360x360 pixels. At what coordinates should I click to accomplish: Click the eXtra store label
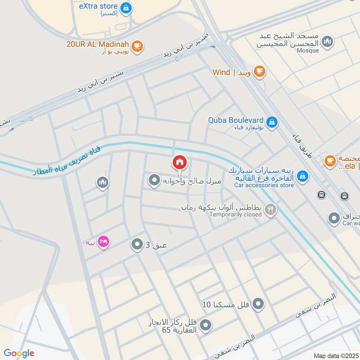click(x=98, y=6)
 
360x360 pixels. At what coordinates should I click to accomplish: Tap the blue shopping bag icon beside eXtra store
click(x=126, y=7)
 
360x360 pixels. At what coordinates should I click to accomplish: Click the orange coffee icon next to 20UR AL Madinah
click(x=138, y=45)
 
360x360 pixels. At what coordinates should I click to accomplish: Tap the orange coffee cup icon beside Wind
click(x=259, y=71)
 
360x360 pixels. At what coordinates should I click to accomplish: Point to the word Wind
click(x=221, y=72)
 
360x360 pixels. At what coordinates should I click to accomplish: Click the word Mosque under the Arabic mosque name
click(x=308, y=50)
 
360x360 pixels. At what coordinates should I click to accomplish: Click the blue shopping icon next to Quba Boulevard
click(x=272, y=121)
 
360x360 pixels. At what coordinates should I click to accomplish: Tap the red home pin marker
click(x=180, y=162)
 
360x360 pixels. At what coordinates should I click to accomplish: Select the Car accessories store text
click(x=264, y=185)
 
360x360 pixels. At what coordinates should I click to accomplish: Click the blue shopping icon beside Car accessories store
click(x=303, y=175)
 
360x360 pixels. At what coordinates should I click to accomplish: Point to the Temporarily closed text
click(x=235, y=215)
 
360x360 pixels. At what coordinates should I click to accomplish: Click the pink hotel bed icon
click(x=103, y=242)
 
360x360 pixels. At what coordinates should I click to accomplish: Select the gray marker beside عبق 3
click(x=137, y=244)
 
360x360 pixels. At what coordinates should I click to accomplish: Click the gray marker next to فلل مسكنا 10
click(x=258, y=304)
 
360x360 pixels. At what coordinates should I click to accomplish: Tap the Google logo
click(x=19, y=353)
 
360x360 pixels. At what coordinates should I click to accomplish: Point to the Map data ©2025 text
click(x=335, y=355)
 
